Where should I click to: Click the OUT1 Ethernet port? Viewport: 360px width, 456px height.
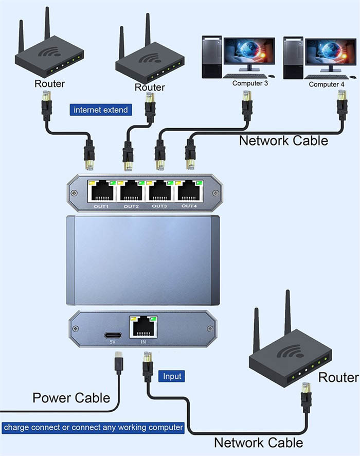[103, 192]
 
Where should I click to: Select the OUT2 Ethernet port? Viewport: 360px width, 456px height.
[132, 192]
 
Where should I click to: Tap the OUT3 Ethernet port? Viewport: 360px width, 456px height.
[160, 192]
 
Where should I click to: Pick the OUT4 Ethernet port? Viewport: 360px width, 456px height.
[189, 192]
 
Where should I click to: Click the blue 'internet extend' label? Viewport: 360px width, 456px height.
[101, 110]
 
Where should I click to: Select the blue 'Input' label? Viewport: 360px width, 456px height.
[172, 376]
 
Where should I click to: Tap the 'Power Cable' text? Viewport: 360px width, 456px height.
[71, 398]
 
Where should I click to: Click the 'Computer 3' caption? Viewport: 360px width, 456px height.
[250, 83]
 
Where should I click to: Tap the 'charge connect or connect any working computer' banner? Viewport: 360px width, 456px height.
[93, 427]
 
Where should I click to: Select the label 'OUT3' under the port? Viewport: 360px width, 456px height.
[159, 206]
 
